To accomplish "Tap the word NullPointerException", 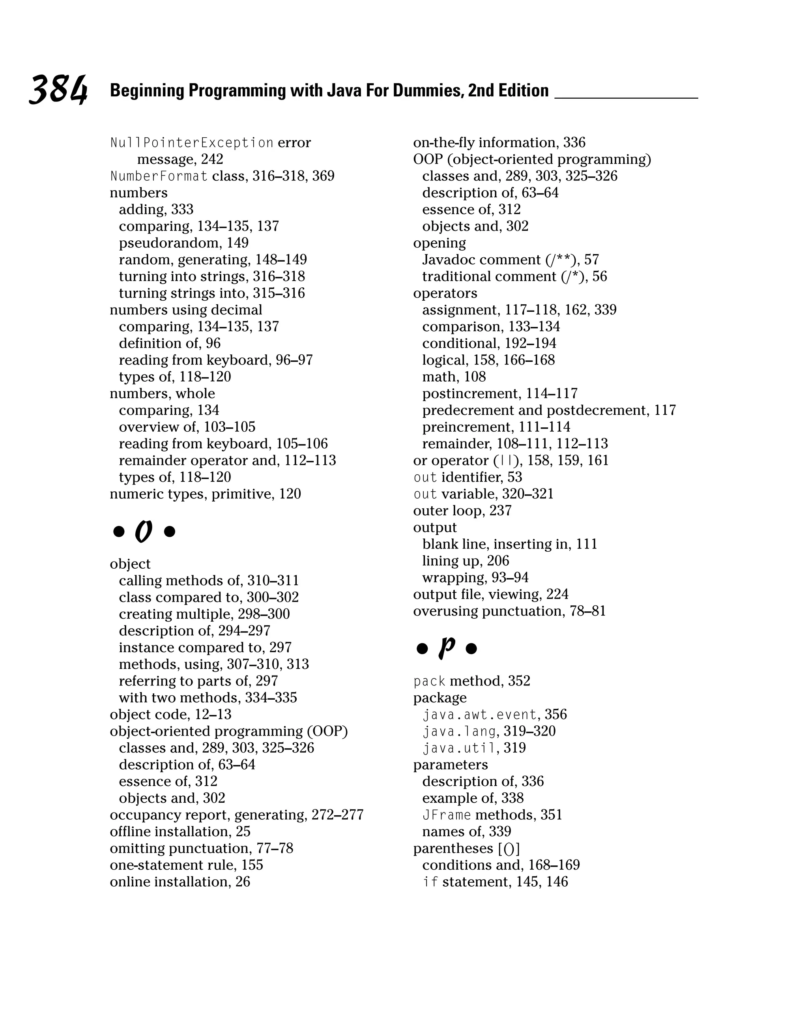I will (x=192, y=143).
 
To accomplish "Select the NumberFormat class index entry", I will (x=222, y=176).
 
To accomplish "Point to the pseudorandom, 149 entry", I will (x=183, y=243).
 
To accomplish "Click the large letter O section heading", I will (x=144, y=532).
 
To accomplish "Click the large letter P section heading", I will (x=447, y=648).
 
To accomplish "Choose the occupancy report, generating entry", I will (x=236, y=815).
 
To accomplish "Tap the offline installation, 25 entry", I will (x=180, y=831).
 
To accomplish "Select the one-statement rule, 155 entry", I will (x=186, y=865).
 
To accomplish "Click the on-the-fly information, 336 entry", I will (x=499, y=143).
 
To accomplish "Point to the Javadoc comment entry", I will (x=510, y=260).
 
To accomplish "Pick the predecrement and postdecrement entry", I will (x=549, y=410).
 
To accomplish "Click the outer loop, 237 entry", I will (x=462, y=511).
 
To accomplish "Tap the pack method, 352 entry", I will (x=471, y=681).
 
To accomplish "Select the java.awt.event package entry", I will (x=494, y=715).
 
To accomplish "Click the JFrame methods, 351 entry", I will (x=492, y=815).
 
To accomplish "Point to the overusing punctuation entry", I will (x=509, y=611).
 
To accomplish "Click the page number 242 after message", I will (x=212, y=160).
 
